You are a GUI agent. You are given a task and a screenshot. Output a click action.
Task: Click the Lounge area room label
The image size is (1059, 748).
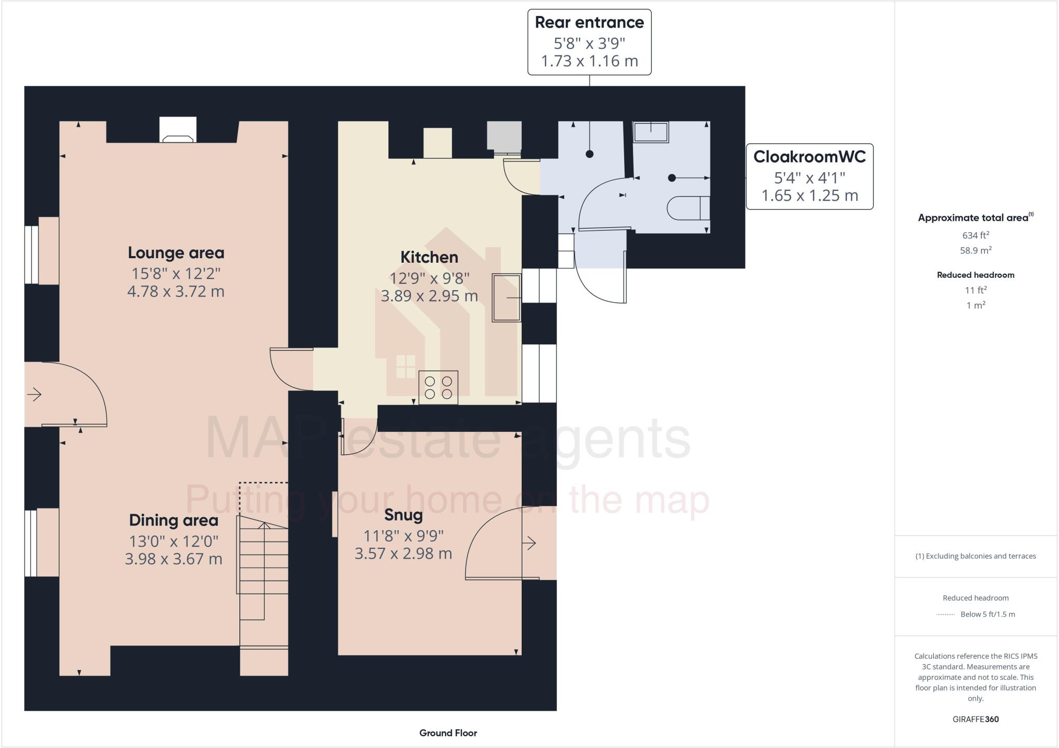pyautogui.click(x=176, y=253)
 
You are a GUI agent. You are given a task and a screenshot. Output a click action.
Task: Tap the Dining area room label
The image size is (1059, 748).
pyautogui.click(x=173, y=520)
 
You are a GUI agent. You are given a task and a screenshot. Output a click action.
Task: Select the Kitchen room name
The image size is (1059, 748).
pyautogui.click(x=429, y=257)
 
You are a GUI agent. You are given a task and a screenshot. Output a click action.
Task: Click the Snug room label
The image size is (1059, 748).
pyautogui.click(x=403, y=515)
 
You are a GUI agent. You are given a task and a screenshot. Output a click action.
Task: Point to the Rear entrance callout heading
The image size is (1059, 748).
pyautogui.click(x=589, y=23)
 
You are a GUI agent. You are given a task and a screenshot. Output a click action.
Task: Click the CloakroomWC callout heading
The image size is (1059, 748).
pyautogui.click(x=809, y=157)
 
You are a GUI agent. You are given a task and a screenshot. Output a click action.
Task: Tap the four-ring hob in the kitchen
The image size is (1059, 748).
pyautogui.click(x=438, y=388)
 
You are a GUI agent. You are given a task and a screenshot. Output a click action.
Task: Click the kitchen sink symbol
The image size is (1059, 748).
pyautogui.click(x=506, y=297)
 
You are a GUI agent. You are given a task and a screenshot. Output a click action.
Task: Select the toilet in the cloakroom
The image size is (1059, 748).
pyautogui.click(x=688, y=208)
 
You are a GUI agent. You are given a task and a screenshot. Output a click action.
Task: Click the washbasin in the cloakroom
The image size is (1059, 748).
pyautogui.click(x=651, y=132)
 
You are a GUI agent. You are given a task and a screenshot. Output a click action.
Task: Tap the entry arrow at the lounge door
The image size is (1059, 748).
pyautogui.click(x=34, y=395)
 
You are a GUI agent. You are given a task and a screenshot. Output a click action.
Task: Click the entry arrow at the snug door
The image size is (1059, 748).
pyautogui.click(x=529, y=543)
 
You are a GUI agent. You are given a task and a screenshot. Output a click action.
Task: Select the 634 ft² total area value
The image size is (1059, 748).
pyautogui.click(x=975, y=235)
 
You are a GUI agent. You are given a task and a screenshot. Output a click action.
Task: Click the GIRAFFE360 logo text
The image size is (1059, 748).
pyautogui.click(x=975, y=719)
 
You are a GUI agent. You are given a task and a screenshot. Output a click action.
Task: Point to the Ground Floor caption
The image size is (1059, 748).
pyautogui.click(x=448, y=732)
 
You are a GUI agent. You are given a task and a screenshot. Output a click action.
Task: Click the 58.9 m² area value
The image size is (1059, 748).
pyautogui.click(x=975, y=250)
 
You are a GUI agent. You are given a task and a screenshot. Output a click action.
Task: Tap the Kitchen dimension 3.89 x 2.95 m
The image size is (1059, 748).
pyautogui.click(x=429, y=296)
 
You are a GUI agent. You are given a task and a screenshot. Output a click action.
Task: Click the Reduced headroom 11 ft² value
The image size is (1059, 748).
pyautogui.click(x=975, y=290)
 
